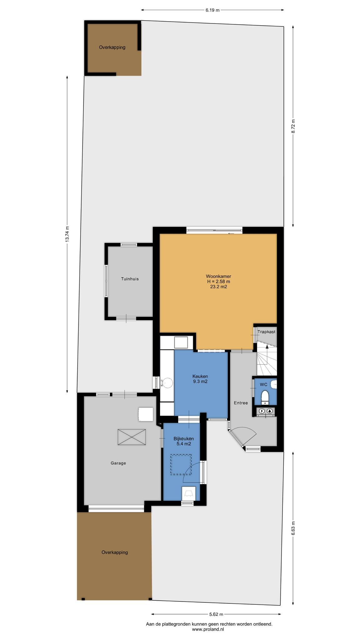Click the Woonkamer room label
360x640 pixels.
click(x=218, y=276)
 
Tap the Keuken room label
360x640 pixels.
click(x=200, y=376)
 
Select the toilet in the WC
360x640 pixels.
click(x=265, y=396)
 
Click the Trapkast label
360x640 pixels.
click(x=266, y=332)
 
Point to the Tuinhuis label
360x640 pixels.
click(x=130, y=279)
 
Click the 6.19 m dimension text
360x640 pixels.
click(x=212, y=10)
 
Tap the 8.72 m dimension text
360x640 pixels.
click(x=293, y=127)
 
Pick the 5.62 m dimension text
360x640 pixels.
click(x=216, y=605)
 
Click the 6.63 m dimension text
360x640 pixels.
click(x=293, y=528)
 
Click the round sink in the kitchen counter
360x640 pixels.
click(x=168, y=382)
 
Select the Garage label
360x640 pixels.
click(x=118, y=463)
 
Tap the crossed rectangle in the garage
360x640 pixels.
click(x=132, y=437)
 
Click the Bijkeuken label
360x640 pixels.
click(x=184, y=438)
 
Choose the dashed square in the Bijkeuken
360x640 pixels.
click(x=181, y=464)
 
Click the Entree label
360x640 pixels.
click(x=241, y=403)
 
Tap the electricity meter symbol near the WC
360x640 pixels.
click(x=262, y=411)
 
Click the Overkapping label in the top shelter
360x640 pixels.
click(x=112, y=47)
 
